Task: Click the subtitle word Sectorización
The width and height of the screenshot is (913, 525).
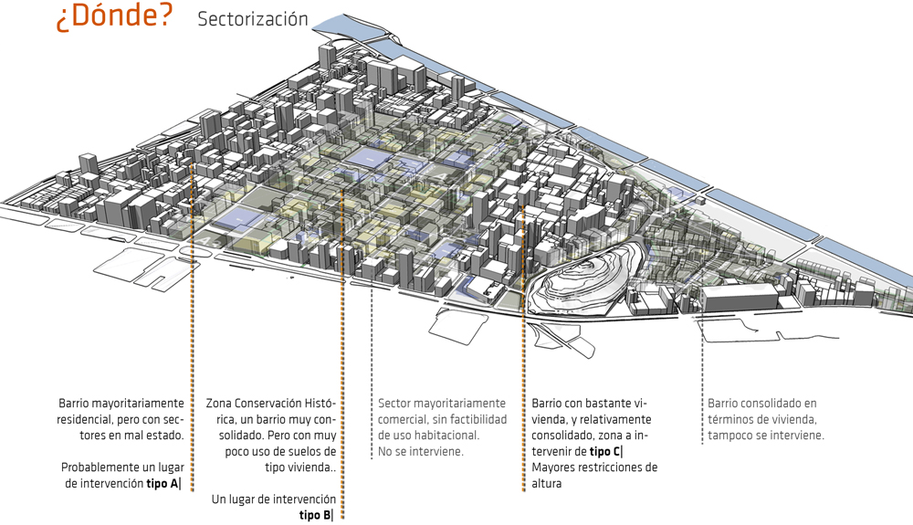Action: pos(253,20)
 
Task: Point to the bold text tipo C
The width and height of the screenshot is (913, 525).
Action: pos(605,452)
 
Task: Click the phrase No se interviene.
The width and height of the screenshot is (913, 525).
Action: pos(421,451)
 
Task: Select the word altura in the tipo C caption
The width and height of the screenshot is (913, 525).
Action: pos(551,484)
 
